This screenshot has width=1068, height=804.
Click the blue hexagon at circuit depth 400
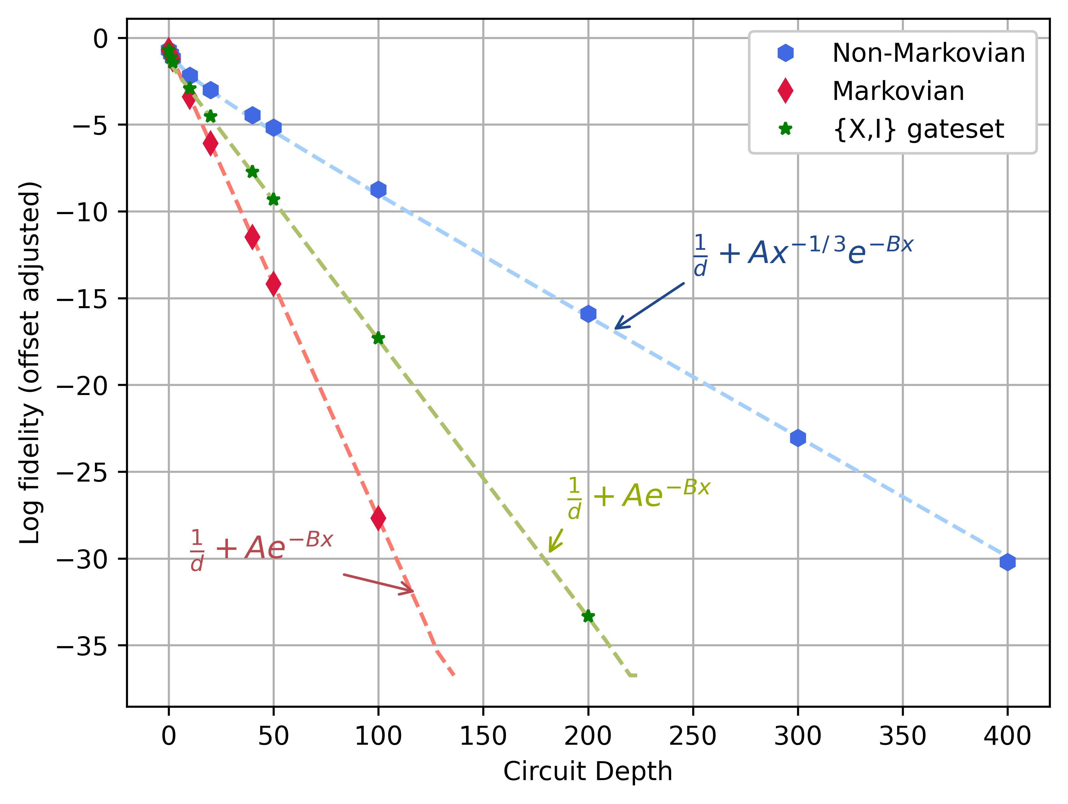[1007, 562]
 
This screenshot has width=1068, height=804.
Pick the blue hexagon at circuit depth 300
[798, 438]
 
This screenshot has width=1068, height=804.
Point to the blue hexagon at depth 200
[588, 314]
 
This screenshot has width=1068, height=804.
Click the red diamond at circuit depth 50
[273, 284]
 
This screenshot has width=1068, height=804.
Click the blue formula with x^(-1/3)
[803, 254]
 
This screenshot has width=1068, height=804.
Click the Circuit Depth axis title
[588, 772]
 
